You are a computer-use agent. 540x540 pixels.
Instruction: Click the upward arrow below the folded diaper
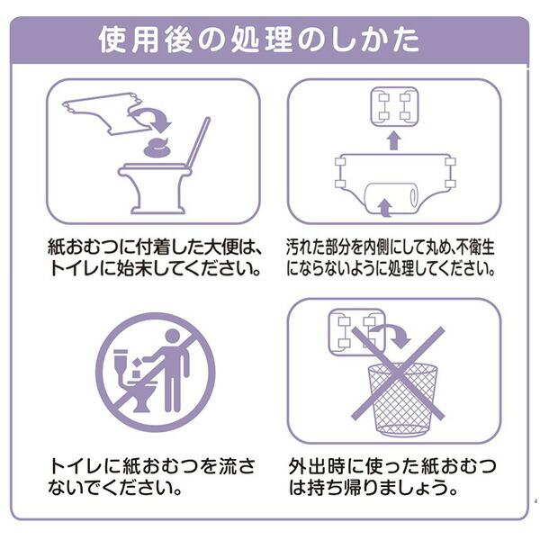point(392,139)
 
